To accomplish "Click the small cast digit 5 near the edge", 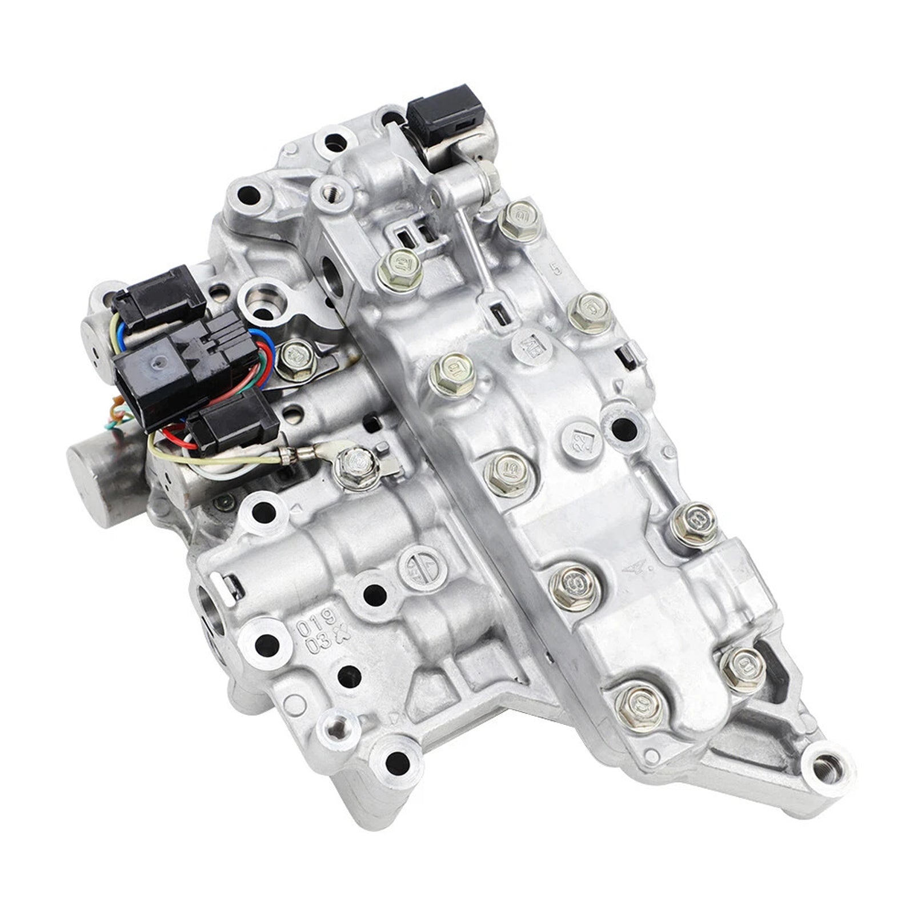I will [552, 266].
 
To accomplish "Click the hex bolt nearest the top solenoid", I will [517, 216].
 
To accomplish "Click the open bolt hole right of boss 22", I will [623, 426].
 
